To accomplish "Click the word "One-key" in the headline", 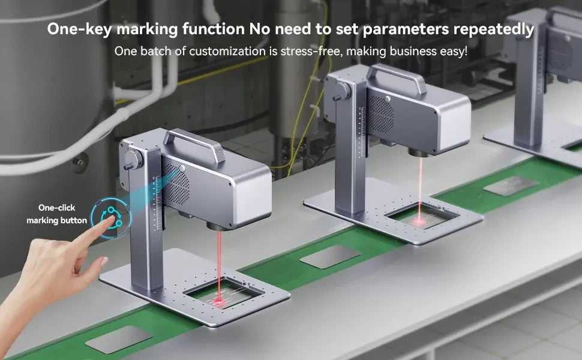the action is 79,29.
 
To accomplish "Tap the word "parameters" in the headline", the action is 406,29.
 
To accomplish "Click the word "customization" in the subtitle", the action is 227,51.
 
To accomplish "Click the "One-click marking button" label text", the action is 57,214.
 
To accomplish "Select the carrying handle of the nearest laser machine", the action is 194,143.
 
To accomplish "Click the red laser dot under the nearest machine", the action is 218,302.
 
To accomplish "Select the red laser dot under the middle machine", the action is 420,221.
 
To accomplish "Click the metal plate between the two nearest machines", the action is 331,256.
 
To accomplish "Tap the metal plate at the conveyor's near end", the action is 119,339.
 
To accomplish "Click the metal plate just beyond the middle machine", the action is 511,185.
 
